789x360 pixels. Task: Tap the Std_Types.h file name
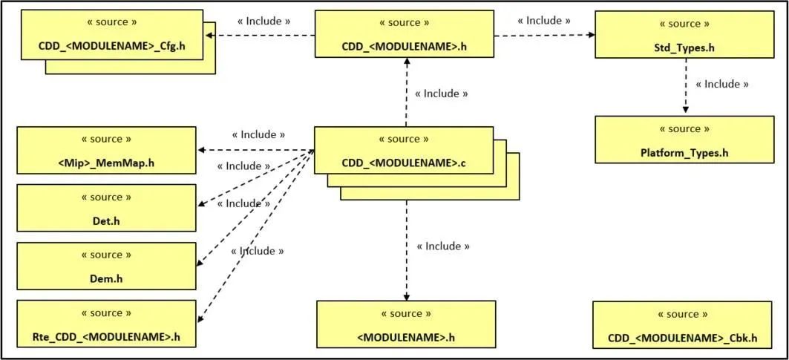coord(684,49)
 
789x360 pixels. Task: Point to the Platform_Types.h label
coord(684,154)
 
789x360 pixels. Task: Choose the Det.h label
coord(107,221)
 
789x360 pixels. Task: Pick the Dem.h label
coord(107,278)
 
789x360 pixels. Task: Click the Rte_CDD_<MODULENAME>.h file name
coord(107,337)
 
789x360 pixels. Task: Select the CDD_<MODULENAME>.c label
coord(404,163)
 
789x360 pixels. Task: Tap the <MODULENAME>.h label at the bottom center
coord(405,338)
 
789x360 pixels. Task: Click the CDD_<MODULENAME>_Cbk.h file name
coord(683,338)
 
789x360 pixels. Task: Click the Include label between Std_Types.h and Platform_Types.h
coord(721,84)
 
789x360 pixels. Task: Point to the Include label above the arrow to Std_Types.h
coord(543,20)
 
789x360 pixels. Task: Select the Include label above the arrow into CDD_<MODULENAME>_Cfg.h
coord(263,20)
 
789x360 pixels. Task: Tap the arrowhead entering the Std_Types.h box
coord(591,34)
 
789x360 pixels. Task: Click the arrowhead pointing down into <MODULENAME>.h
coord(406,295)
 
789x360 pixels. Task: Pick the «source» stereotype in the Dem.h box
coord(107,255)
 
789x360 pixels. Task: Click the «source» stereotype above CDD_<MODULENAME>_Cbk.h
coord(683,314)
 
